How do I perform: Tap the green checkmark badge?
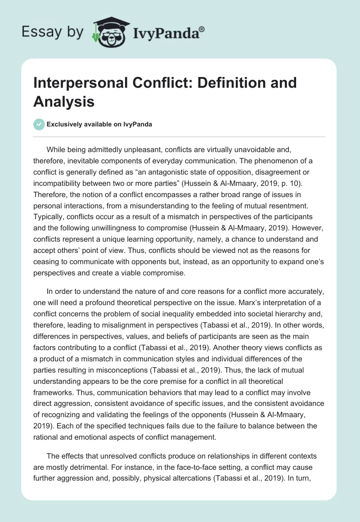(x=39, y=124)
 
